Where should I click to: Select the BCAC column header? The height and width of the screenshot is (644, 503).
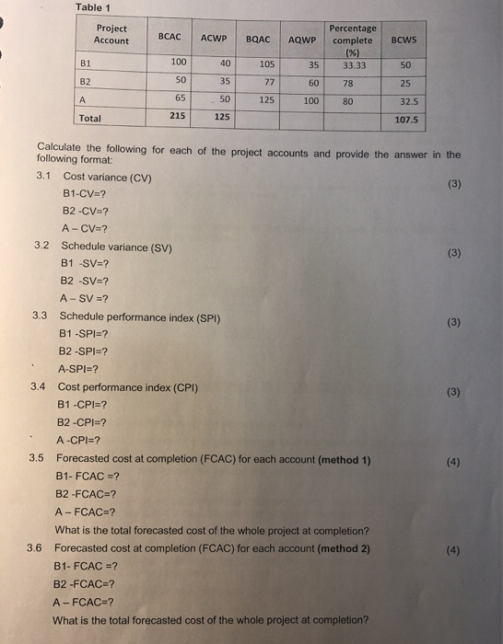[171, 38]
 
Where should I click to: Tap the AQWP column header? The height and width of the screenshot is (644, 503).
[302, 40]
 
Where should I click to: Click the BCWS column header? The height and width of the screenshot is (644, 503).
[404, 40]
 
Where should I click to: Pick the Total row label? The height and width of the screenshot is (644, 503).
[91, 118]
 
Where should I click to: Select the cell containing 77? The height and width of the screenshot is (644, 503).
[271, 82]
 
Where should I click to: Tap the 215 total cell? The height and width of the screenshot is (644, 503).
[181, 116]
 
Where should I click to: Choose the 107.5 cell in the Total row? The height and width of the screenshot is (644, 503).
[405, 119]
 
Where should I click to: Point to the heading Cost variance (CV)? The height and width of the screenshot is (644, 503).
[108, 176]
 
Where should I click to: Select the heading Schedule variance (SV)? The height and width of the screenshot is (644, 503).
[115, 247]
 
